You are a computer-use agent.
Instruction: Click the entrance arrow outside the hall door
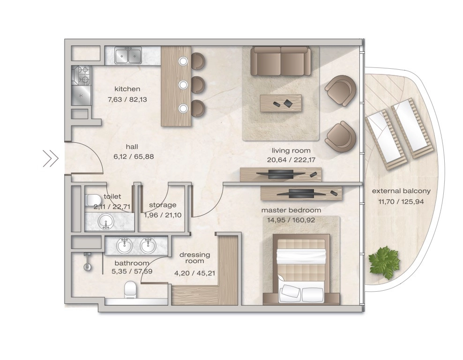tap(51, 158)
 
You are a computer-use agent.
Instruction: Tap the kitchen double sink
tap(128, 55)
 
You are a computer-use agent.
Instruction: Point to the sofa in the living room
tap(281, 61)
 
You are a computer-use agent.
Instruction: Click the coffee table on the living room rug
tap(281, 103)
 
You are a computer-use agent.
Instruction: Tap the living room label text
tap(291, 150)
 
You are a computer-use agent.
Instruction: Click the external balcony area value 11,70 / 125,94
tap(401, 202)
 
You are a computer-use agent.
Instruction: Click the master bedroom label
tap(291, 210)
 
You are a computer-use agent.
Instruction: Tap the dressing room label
tap(194, 257)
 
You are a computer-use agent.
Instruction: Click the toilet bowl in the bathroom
tap(131, 289)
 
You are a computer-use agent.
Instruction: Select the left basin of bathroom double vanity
tap(124, 246)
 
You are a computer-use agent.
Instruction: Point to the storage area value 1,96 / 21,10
tap(163, 215)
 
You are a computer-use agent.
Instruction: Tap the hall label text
tap(132, 147)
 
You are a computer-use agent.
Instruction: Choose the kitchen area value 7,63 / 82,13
tap(127, 99)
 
